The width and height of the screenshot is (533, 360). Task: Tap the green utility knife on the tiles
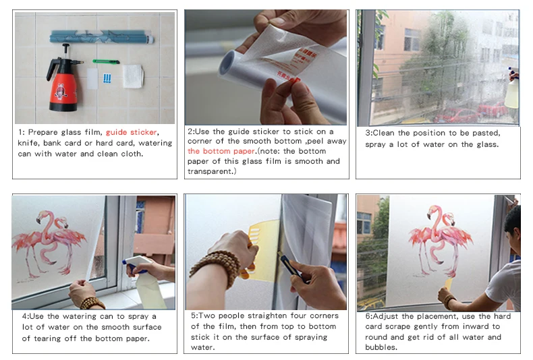click(x=106, y=61)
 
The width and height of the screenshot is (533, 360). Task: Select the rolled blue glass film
click(x=102, y=36)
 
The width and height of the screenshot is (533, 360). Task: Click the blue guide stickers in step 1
click(x=107, y=79)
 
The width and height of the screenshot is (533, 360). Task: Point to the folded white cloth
click(x=133, y=76)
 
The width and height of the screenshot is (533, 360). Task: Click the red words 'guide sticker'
click(x=131, y=132)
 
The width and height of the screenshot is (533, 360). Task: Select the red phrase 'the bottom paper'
click(x=221, y=151)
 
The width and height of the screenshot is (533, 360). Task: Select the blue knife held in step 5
click(x=292, y=268)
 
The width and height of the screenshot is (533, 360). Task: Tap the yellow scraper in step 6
click(x=449, y=284)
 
